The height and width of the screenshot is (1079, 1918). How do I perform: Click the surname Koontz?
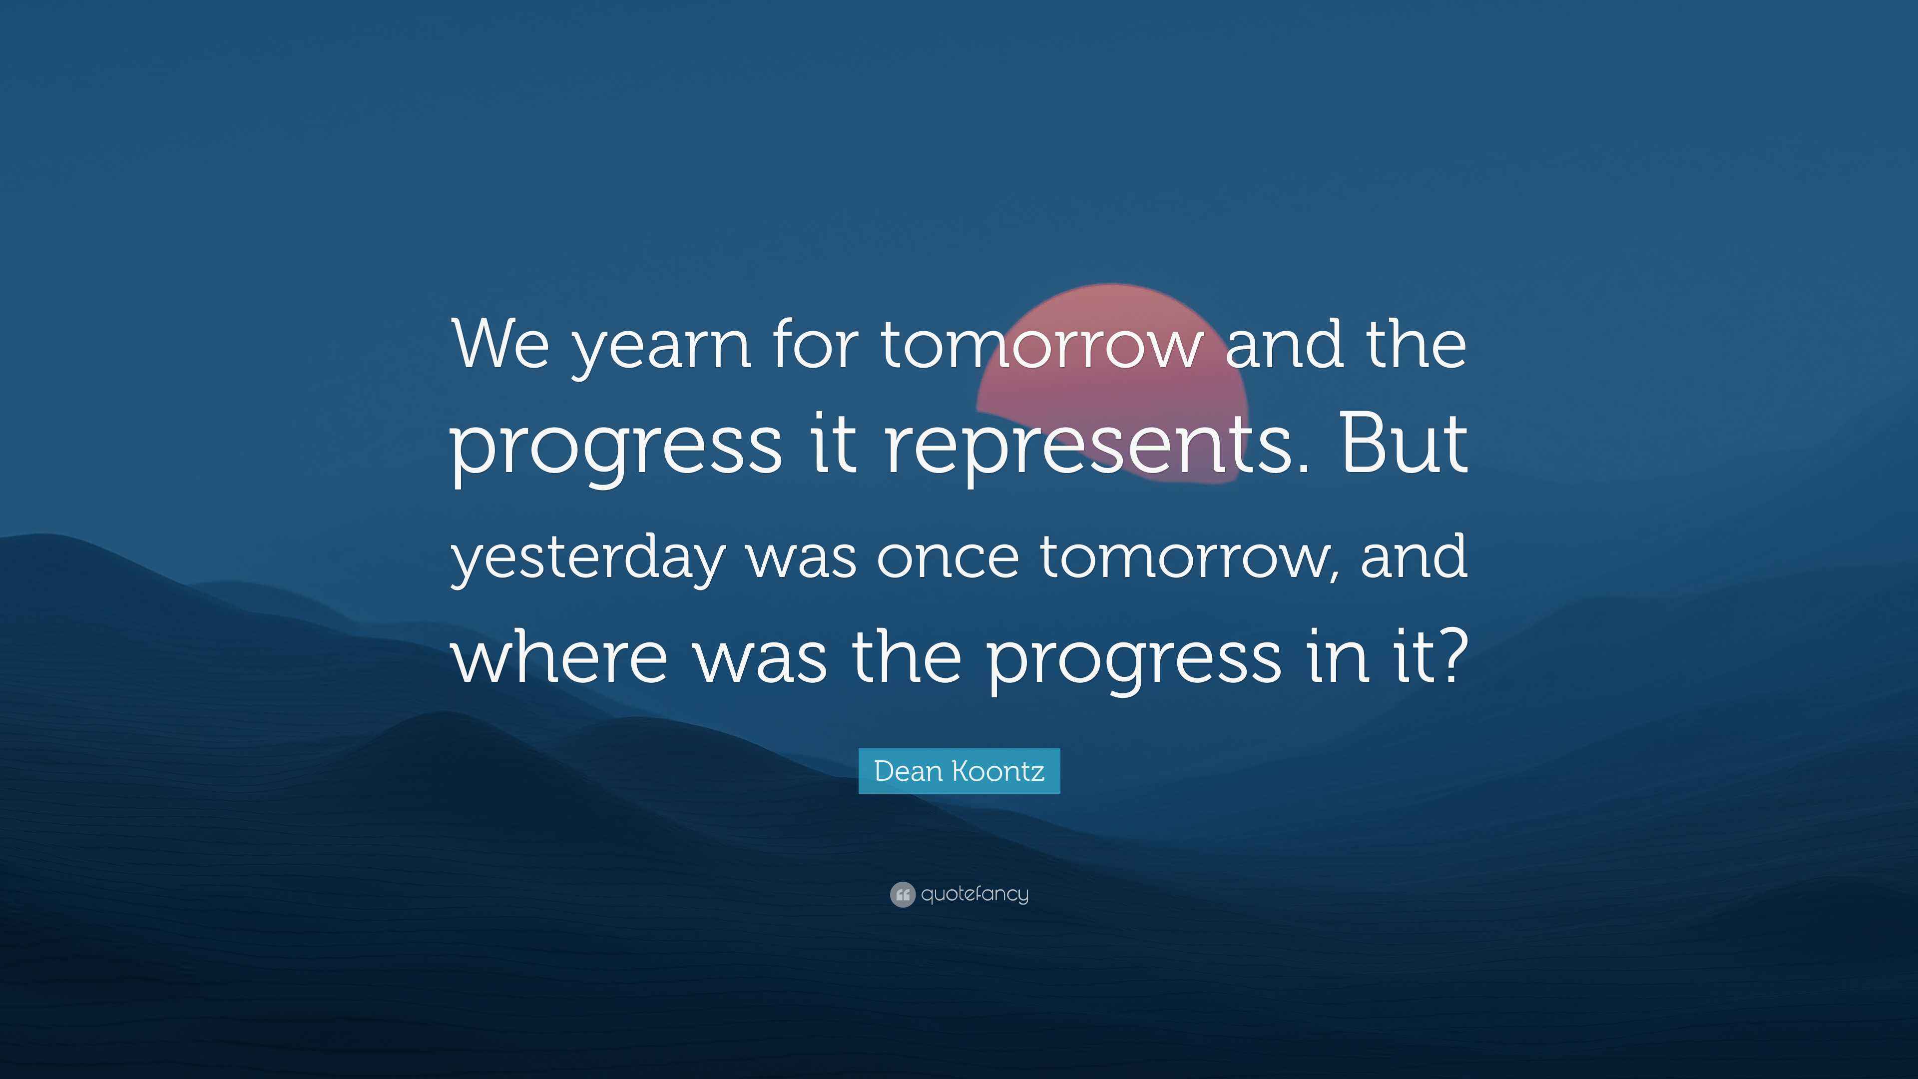coord(1002,771)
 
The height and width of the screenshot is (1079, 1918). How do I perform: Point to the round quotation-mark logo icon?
coord(902,894)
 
